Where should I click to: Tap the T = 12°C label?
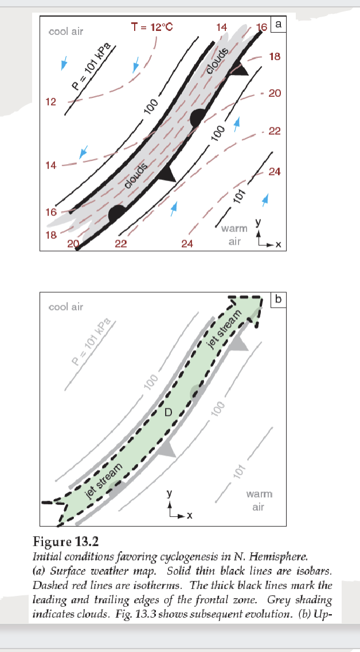152,28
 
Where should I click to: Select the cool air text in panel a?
66,32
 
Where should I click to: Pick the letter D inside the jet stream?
168,412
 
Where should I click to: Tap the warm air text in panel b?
259,501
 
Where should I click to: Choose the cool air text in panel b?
66,307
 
